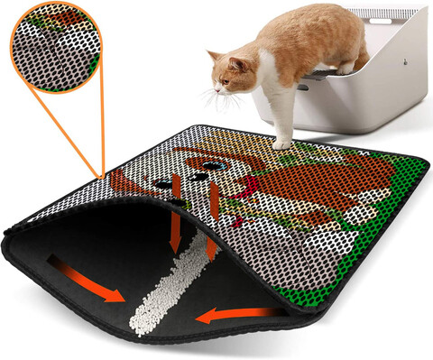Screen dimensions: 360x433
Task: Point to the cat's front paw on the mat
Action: pyautogui.click(x=282, y=142)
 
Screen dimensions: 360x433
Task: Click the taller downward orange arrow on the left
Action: pyautogui.click(x=176, y=217)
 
